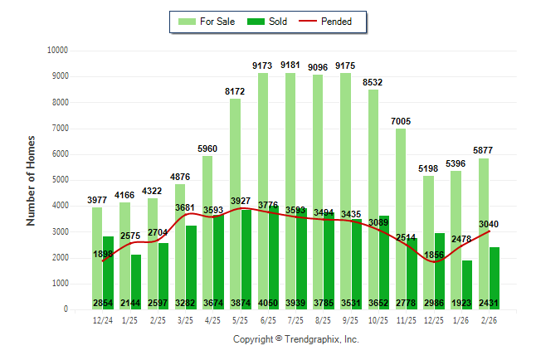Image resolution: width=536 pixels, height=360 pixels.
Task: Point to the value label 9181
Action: [295, 65]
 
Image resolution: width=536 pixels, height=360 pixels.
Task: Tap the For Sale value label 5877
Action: [484, 150]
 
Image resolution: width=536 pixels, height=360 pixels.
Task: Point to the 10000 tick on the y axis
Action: [56, 51]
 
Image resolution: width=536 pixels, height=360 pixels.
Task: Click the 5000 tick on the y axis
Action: [59, 180]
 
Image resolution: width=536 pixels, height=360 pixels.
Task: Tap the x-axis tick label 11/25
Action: [407, 319]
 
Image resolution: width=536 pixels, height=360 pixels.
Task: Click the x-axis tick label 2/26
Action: [490, 319]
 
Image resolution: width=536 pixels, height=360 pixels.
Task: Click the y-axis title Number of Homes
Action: [32, 180]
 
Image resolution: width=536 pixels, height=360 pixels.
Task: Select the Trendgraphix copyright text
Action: [295, 339]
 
